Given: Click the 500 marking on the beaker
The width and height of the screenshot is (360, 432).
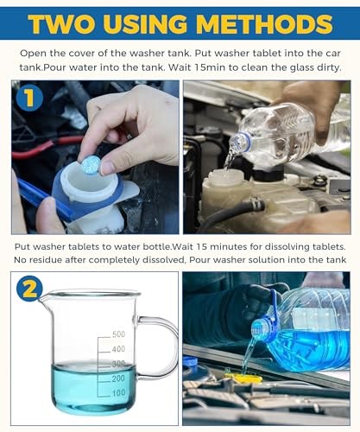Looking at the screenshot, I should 118,334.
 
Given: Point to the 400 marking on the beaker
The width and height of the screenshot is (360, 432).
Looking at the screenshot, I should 118,350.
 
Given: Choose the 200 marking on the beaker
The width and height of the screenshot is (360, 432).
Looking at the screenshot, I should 118,379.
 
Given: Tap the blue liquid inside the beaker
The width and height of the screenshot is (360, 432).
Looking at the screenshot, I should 86,389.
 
